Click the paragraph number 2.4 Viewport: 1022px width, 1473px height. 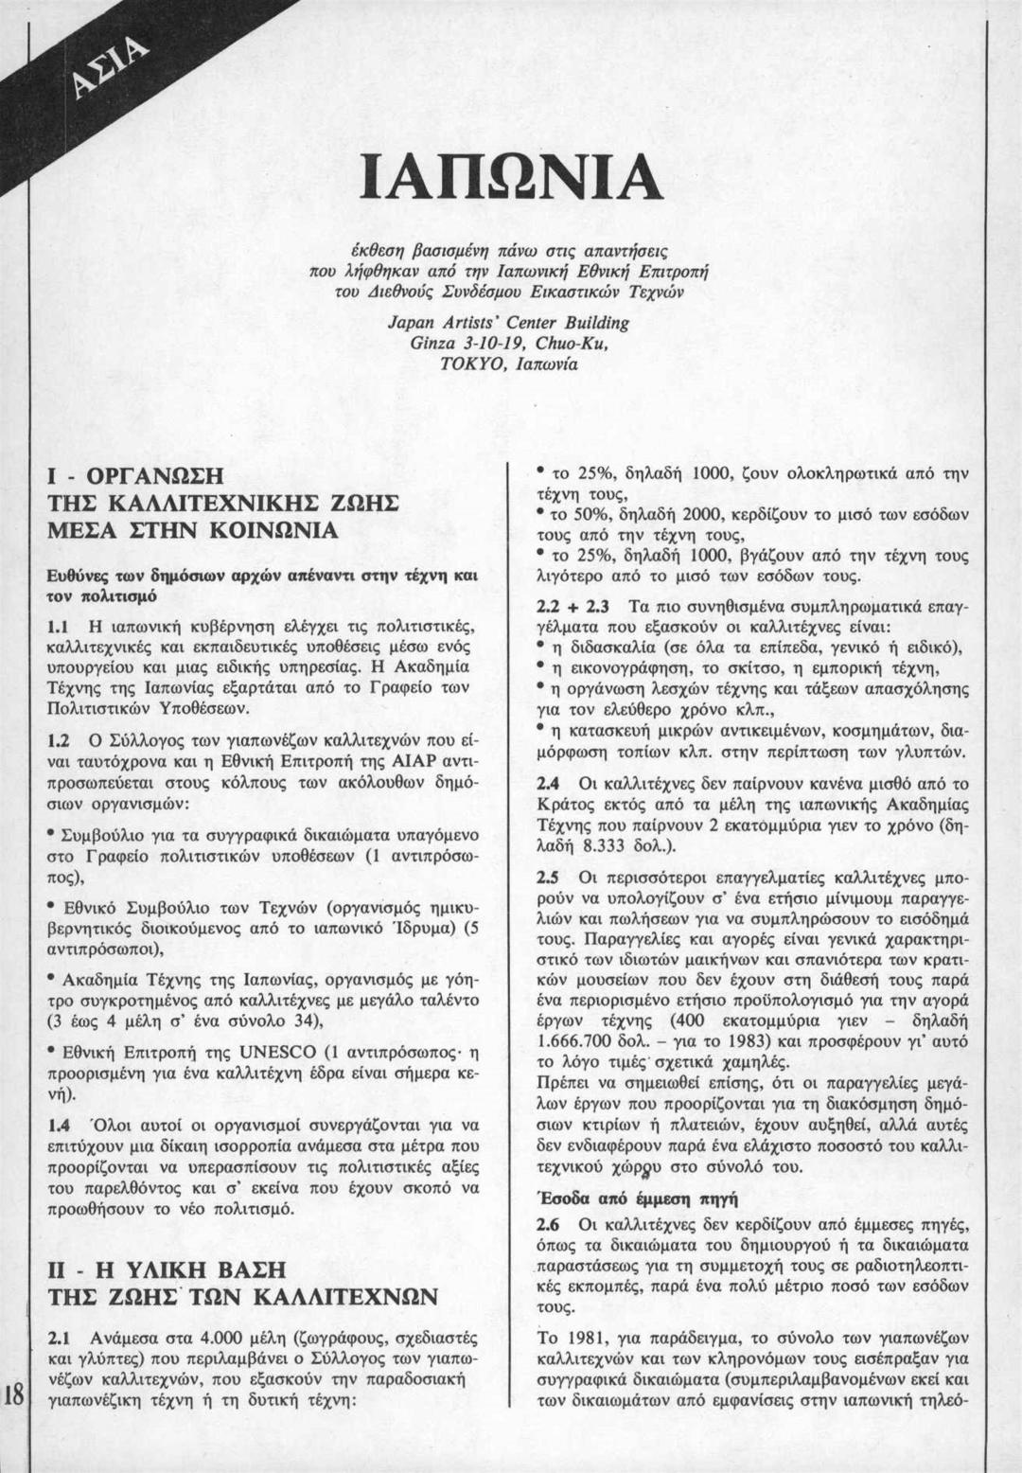coord(547,784)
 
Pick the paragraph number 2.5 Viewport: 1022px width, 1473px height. coord(547,876)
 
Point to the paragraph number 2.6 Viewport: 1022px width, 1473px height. coord(547,1225)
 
